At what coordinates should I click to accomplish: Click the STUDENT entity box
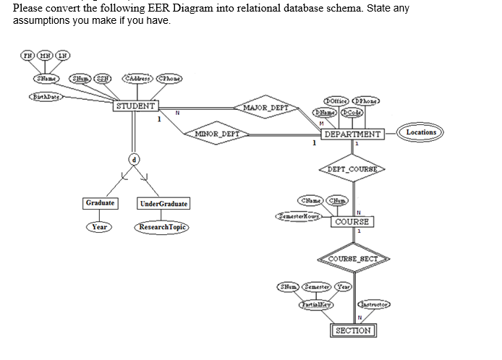[135, 106]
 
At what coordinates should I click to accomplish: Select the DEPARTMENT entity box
[352, 134]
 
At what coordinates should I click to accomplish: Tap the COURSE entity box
[353, 221]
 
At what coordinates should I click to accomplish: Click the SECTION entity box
[353, 330]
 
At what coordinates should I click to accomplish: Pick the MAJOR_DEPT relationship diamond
[267, 108]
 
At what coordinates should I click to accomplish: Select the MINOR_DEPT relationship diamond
[216, 134]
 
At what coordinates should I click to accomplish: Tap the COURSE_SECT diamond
[354, 260]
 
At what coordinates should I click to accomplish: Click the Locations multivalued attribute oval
[421, 132]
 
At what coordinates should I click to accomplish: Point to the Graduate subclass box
[100, 203]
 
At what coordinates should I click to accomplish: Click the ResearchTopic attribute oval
[162, 227]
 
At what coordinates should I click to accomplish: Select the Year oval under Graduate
[100, 227]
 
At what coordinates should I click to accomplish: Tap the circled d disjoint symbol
[134, 158]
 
